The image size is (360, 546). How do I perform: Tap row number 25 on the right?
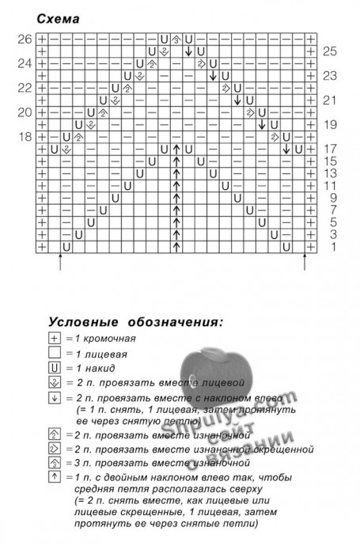coord(331,51)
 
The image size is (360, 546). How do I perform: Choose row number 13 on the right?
coord(331,173)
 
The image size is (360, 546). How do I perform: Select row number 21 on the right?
coord(331,100)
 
